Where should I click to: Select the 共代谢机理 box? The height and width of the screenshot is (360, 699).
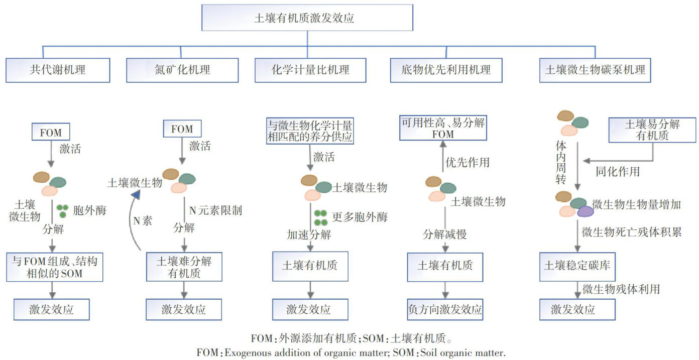58,69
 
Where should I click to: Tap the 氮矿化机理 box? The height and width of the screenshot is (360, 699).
182,69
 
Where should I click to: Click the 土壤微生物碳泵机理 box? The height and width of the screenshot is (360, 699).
595,69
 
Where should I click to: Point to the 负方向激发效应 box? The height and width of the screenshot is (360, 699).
445,309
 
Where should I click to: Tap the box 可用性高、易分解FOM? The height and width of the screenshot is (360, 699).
442,128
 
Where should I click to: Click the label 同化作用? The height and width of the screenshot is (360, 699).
618,172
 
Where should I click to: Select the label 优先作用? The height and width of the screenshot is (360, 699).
468,162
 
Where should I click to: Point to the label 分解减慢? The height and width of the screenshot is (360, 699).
444,234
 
